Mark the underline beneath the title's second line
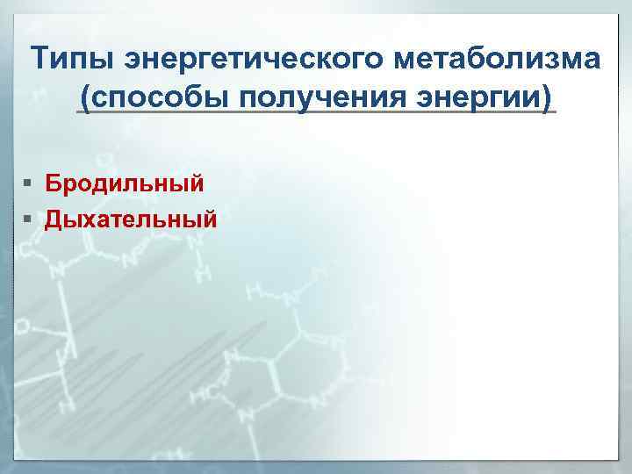click(x=316, y=113)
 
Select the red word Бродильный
click(x=125, y=183)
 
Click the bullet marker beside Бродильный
click(x=28, y=183)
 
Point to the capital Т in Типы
click(x=39, y=61)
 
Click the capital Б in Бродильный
click(x=53, y=183)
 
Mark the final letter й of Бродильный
click(x=197, y=183)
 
